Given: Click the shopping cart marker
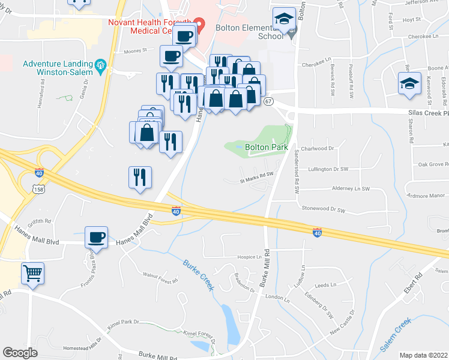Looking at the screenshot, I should pos(33,274).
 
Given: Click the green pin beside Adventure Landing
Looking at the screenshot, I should pos(101,64).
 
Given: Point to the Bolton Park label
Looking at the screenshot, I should pos(267,147).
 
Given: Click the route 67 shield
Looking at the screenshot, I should pos(268,101).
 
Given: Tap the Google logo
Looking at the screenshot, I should pos(20,353).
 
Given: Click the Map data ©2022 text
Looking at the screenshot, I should pos(423,355).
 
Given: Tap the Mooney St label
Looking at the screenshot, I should pos(136,52).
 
